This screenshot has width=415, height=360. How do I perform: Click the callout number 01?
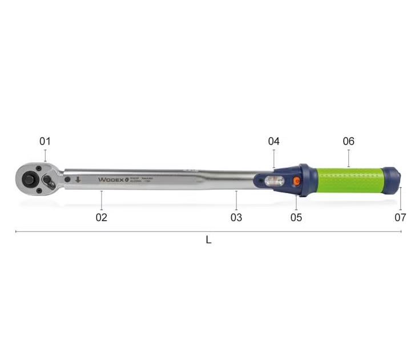click(45, 141)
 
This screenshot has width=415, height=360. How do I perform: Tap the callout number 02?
click(101, 217)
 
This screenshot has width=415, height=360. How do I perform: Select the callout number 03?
click(236, 217)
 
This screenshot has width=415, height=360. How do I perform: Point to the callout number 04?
click(274, 141)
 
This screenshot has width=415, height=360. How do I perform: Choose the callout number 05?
click(296, 217)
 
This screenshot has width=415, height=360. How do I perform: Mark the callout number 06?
click(348, 141)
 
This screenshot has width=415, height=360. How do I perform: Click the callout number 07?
click(400, 217)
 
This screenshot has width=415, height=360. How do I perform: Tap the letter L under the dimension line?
click(208, 241)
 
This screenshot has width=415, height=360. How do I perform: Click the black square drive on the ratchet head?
click(28, 179)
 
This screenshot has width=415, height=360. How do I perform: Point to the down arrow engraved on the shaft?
click(78, 179)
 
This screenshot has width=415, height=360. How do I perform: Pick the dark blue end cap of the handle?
click(391, 180)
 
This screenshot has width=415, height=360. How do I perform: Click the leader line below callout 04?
click(274, 158)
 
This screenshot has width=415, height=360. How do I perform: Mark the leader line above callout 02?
click(101, 200)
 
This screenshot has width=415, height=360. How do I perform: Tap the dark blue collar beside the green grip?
click(305, 180)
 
